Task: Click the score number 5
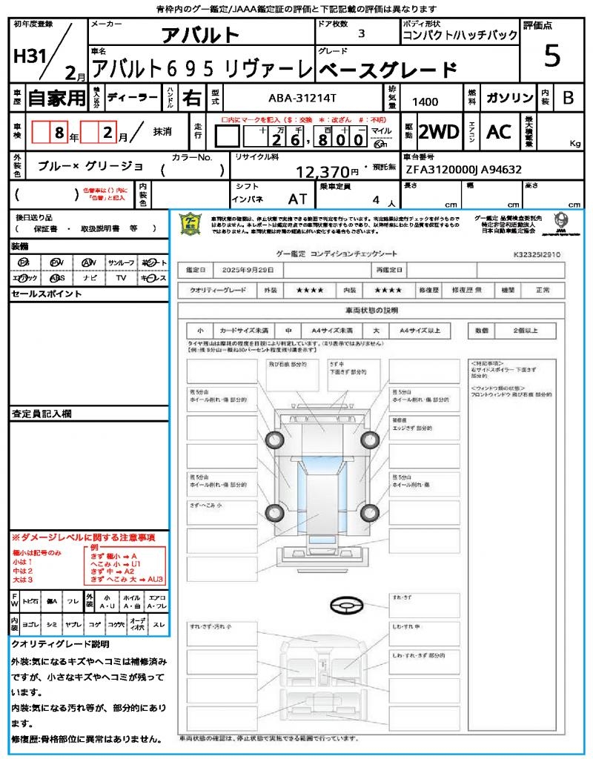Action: [551, 56]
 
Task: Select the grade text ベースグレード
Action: [388, 70]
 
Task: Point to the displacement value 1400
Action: [425, 102]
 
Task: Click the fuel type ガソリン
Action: [509, 98]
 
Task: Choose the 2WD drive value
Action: [439, 132]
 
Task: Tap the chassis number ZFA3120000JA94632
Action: [463, 169]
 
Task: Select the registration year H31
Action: [30, 57]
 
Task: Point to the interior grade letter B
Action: [568, 98]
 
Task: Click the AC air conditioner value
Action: [499, 132]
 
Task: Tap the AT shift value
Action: [297, 199]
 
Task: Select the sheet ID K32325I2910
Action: [537, 254]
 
